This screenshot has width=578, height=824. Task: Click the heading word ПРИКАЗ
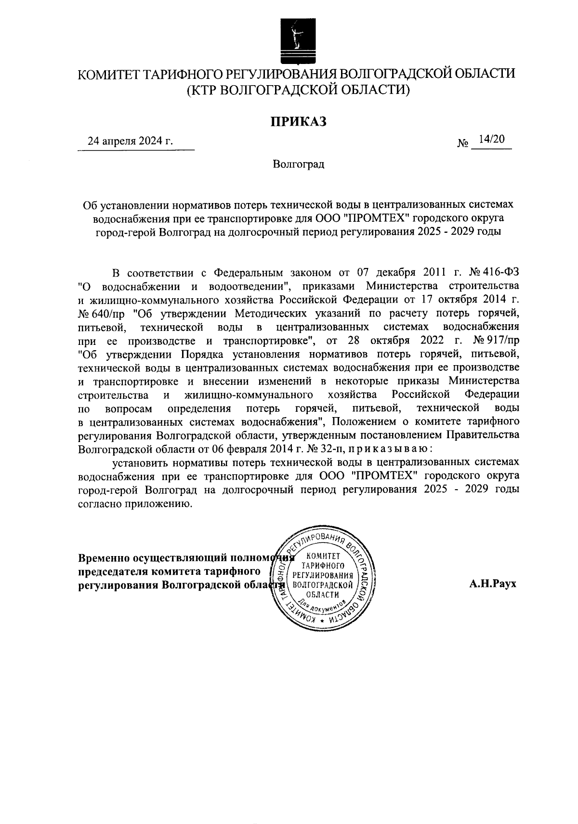coord(298,121)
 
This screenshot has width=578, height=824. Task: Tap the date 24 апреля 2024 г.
coord(130,141)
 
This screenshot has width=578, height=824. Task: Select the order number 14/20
coord(489,139)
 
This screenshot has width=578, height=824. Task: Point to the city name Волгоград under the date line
coord(298,165)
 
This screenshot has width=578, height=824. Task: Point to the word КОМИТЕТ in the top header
coord(109,74)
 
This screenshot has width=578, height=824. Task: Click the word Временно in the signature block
coord(103,558)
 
